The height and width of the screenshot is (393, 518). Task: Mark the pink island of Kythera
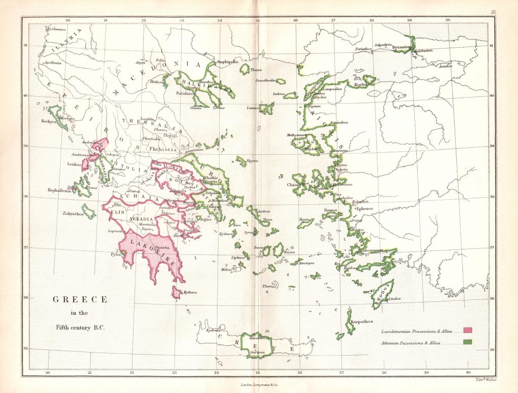[177, 292]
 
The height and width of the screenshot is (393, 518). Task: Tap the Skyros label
[252, 161]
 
